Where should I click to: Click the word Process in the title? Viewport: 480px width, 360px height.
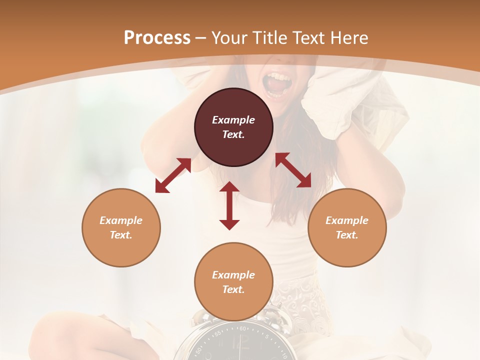tap(157, 38)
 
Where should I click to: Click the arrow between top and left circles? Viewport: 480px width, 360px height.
tap(173, 175)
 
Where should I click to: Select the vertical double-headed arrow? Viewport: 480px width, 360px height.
tap(229, 205)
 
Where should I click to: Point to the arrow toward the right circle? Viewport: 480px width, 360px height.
tap(293, 170)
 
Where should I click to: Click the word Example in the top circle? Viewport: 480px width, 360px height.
tap(233, 120)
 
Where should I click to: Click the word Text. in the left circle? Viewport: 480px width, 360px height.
tap(121, 235)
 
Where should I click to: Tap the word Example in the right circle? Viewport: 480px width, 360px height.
tap(347, 220)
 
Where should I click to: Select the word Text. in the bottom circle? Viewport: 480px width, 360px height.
tap(233, 289)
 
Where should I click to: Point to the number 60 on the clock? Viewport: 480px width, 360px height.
tap(243, 329)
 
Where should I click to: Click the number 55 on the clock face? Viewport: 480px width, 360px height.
tap(218, 333)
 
